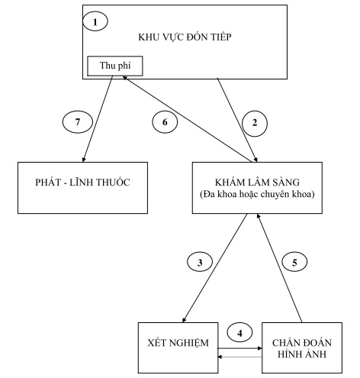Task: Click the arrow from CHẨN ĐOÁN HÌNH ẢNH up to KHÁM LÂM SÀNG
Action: [283, 267]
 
